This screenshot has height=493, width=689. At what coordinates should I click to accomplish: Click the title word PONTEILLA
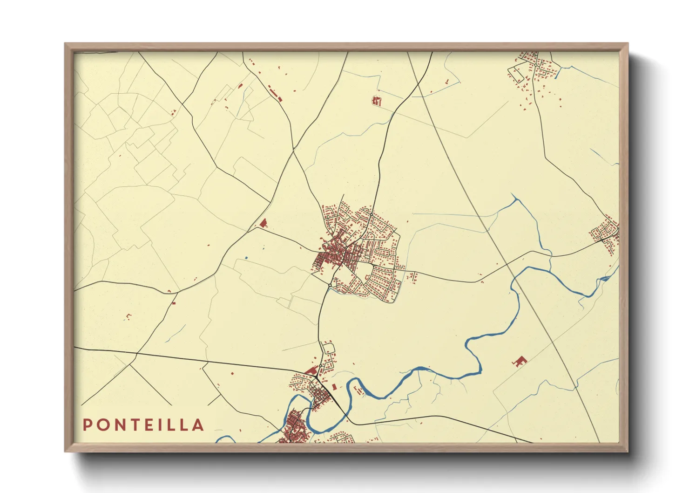click(143, 425)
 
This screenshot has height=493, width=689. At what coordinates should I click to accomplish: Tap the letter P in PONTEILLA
click(87, 425)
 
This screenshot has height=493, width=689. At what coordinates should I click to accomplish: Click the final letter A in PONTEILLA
click(199, 425)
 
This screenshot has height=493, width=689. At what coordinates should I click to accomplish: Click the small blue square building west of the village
click(246, 257)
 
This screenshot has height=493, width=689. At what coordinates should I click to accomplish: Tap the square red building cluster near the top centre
click(377, 101)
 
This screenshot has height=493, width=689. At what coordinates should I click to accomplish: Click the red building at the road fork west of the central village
click(263, 223)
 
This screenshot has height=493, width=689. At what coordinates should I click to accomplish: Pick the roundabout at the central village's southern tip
click(330, 285)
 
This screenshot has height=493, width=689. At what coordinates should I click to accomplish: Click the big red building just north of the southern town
click(311, 371)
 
